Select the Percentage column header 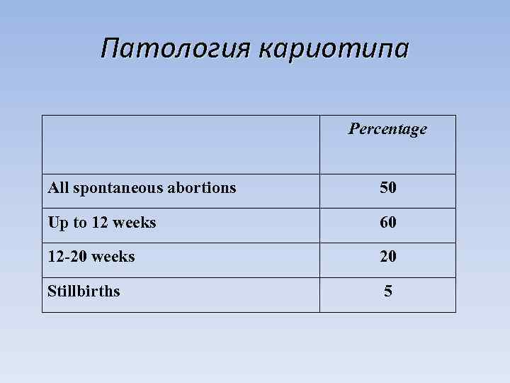[387, 129]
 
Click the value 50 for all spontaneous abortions [387, 188]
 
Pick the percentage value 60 [387, 223]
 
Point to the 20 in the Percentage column [387, 257]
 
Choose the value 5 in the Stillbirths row [387, 291]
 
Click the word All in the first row [57, 188]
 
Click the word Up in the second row [57, 223]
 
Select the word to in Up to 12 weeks [78, 223]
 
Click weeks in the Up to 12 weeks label [134, 223]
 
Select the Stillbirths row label [84, 291]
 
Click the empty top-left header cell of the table [181, 145]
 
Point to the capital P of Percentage [353, 129]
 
